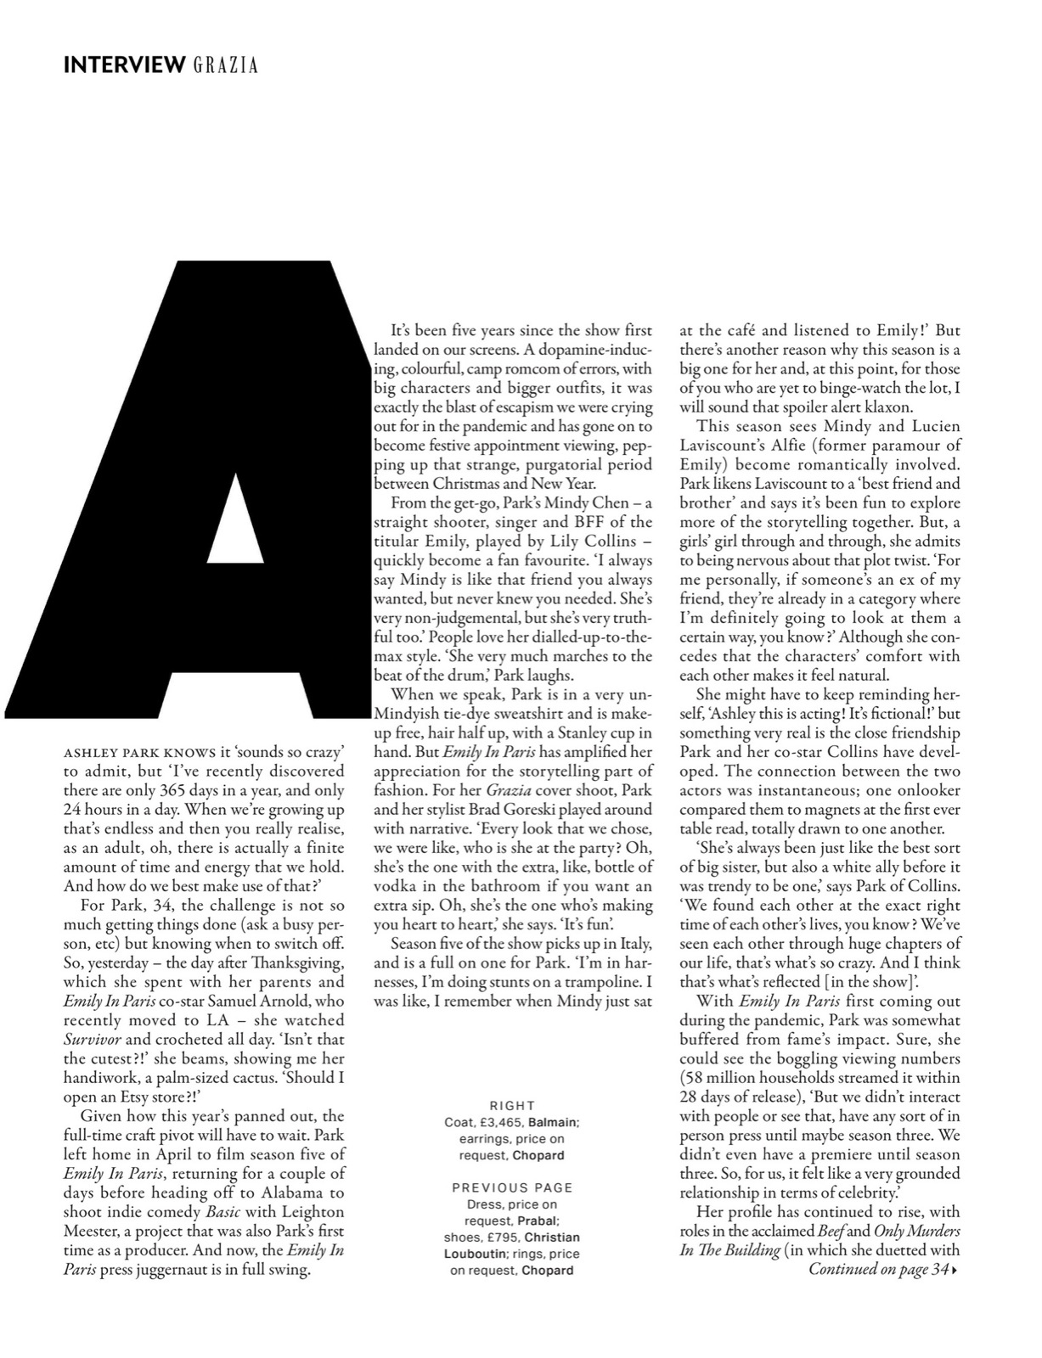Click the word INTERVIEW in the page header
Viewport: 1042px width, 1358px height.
(124, 65)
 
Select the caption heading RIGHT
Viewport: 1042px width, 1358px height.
(512, 1106)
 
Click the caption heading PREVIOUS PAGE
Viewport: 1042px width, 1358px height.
(512, 1187)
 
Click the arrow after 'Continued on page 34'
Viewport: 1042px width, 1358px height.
(955, 1271)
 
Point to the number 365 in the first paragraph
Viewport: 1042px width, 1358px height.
(171, 790)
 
